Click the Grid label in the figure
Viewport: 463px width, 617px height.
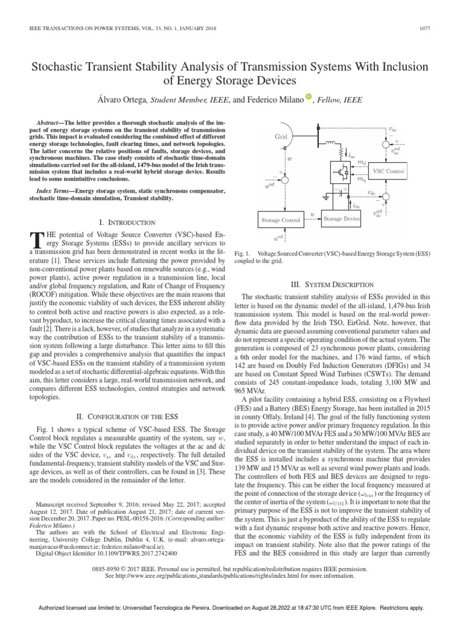click(x=282, y=137)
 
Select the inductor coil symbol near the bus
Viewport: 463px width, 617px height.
click(x=333, y=143)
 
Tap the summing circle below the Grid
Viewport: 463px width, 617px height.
click(x=285, y=180)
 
